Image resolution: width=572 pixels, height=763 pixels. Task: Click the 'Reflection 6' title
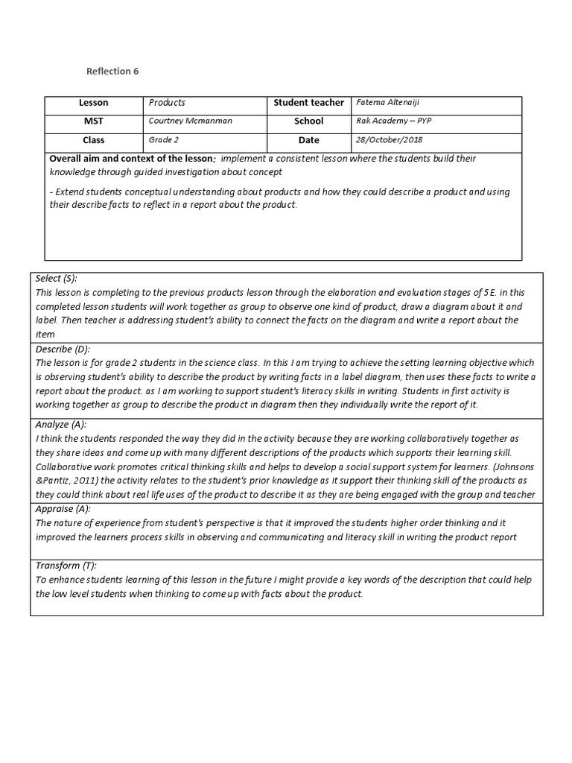coord(113,72)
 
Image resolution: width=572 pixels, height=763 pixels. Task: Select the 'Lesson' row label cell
coord(94,103)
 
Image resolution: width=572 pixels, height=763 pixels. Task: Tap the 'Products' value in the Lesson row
coord(167,103)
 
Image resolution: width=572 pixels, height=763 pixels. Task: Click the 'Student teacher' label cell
coord(308,103)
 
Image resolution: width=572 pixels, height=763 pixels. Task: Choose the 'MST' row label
coord(94,121)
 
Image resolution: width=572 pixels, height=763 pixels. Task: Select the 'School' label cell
coord(308,121)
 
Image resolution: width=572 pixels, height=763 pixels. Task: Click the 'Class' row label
coord(94,140)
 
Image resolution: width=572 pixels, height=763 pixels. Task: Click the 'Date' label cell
coord(308,140)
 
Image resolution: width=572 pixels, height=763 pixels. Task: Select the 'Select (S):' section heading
coord(57,278)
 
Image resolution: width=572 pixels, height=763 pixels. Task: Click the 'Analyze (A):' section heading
coord(62,424)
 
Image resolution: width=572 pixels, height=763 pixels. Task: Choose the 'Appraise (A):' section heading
coord(63,509)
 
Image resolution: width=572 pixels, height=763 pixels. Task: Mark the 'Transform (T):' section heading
coord(66,566)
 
